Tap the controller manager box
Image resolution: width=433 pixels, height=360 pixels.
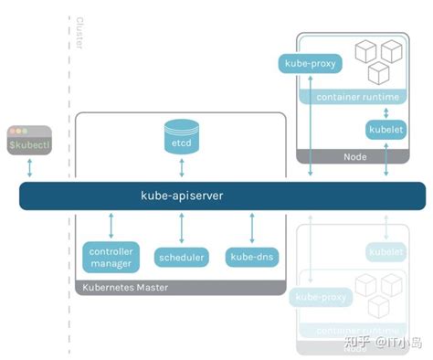point(111,257)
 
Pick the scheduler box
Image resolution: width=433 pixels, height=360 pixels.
point(181,257)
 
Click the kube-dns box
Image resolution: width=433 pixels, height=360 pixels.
point(251,257)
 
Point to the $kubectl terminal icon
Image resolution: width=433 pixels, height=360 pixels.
point(29,139)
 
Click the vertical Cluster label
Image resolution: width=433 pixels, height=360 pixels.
point(79,35)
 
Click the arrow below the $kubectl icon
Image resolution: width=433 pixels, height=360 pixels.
point(29,167)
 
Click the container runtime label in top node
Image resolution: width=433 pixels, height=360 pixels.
point(353,97)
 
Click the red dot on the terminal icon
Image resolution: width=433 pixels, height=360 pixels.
point(12,130)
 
